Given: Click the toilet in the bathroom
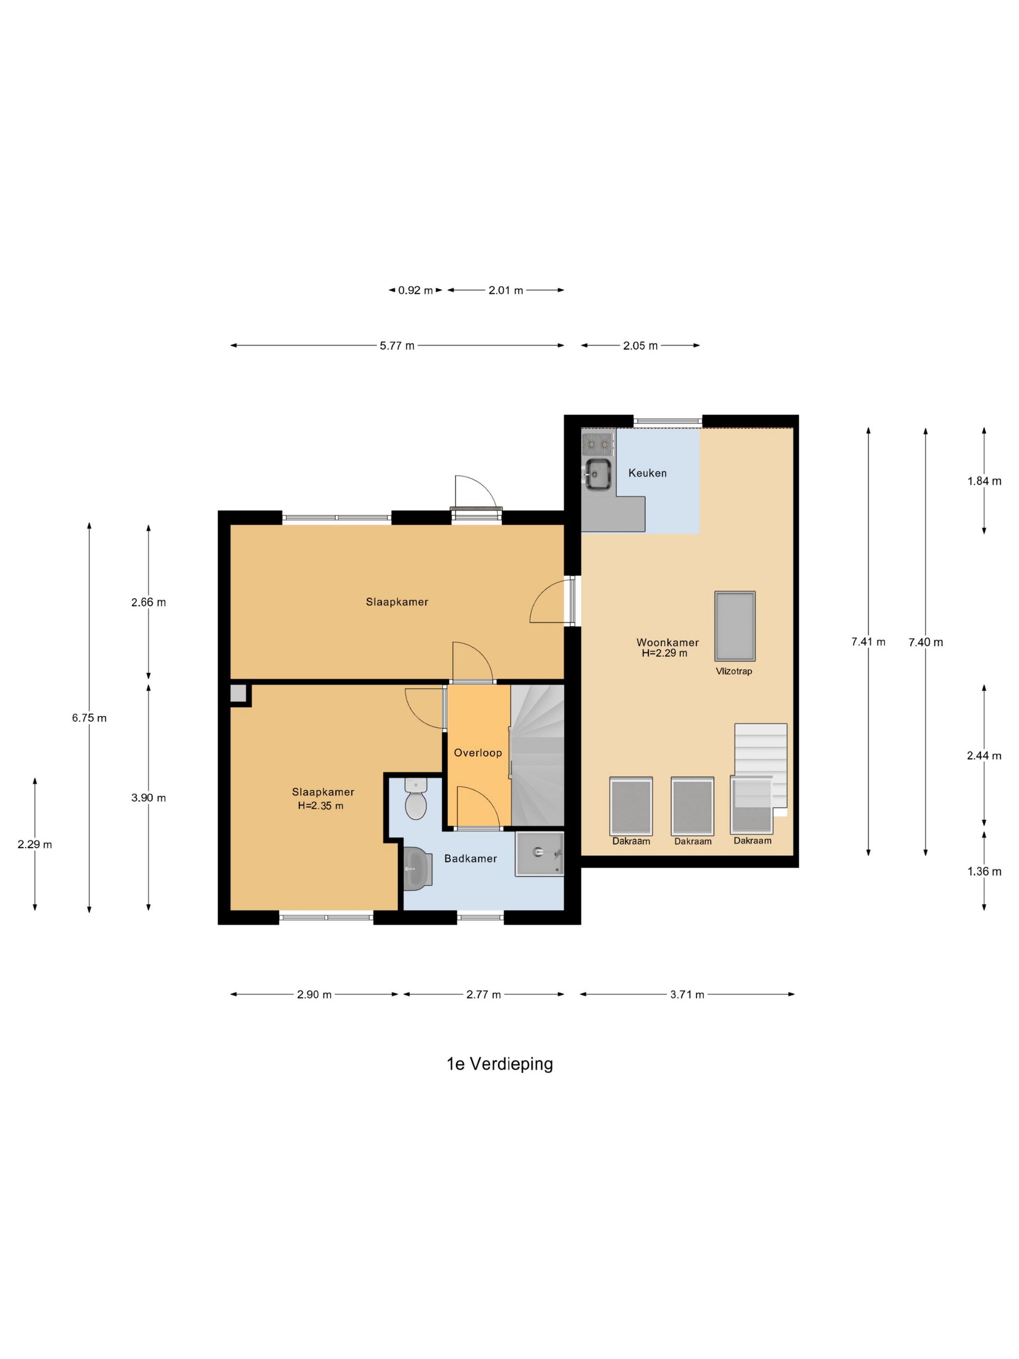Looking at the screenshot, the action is click(416, 797).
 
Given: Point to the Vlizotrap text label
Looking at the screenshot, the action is click(733, 671).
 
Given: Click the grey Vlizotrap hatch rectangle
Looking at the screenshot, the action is click(735, 626).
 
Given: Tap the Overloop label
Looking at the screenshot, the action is click(478, 753).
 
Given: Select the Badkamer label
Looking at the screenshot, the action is click(471, 858).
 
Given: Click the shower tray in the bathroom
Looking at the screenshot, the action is click(539, 854).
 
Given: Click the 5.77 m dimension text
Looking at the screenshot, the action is click(397, 345).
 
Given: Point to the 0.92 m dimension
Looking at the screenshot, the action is click(415, 290).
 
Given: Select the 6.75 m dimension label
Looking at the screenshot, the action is click(89, 717).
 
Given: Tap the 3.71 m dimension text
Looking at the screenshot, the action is click(687, 994).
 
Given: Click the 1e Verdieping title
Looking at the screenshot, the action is click(499, 1063).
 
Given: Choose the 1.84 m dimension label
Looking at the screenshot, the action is click(984, 481).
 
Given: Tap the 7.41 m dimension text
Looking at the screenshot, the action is click(868, 642).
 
